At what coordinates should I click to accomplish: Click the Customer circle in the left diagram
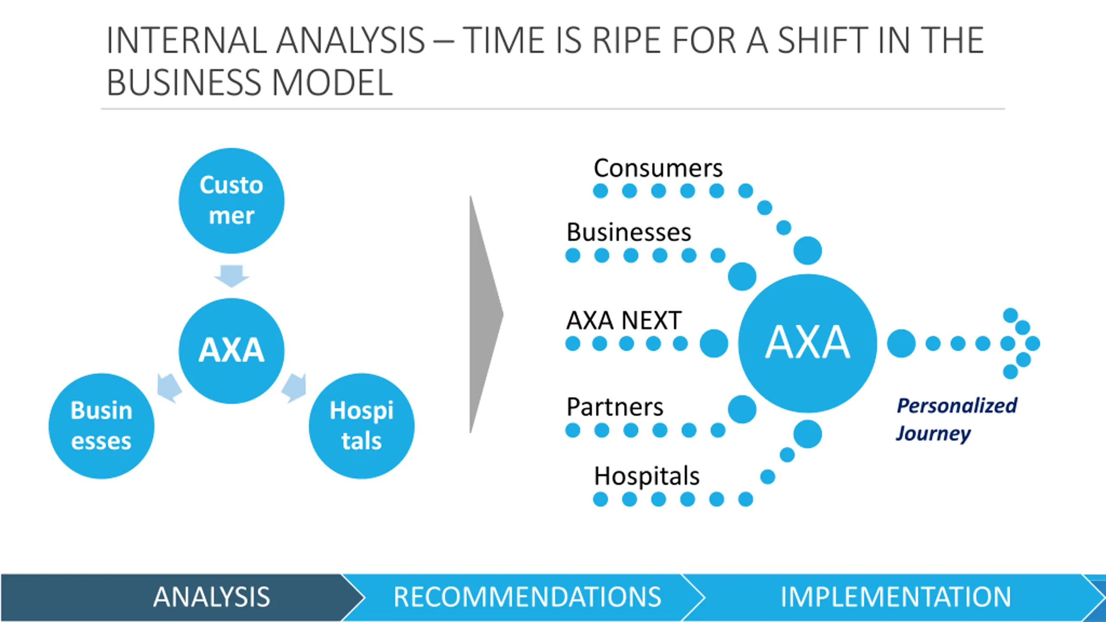232,200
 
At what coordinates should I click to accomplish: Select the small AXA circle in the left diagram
232,350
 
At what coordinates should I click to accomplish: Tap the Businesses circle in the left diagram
102,425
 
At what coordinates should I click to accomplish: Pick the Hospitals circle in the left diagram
362,425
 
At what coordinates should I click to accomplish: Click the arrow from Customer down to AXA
232,276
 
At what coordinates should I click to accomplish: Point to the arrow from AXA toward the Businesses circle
169,387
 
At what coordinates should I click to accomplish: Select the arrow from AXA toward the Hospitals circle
295,387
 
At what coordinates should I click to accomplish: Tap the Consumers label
658,168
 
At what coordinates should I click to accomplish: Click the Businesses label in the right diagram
629,232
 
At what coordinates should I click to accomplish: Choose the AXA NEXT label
624,321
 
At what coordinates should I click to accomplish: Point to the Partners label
615,407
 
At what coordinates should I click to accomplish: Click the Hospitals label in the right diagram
647,476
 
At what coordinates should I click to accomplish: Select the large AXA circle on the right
807,343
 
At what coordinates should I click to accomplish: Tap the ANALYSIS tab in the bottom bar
212,597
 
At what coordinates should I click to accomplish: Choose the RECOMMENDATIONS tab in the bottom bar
527,597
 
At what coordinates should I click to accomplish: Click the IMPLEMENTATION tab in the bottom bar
896,597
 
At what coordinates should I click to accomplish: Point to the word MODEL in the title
332,83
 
